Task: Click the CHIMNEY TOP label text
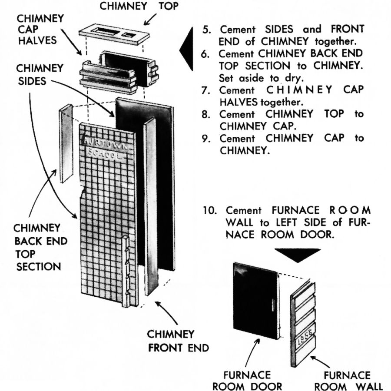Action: pyautogui.click(x=139, y=7)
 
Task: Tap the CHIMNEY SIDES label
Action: pyautogui.click(x=34, y=75)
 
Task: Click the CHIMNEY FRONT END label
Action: pyautogui.click(x=178, y=341)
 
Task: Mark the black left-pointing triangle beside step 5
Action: pyautogui.click(x=186, y=48)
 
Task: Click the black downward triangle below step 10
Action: pyautogui.click(x=297, y=255)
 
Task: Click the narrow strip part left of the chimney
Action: pyautogui.click(x=66, y=143)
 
